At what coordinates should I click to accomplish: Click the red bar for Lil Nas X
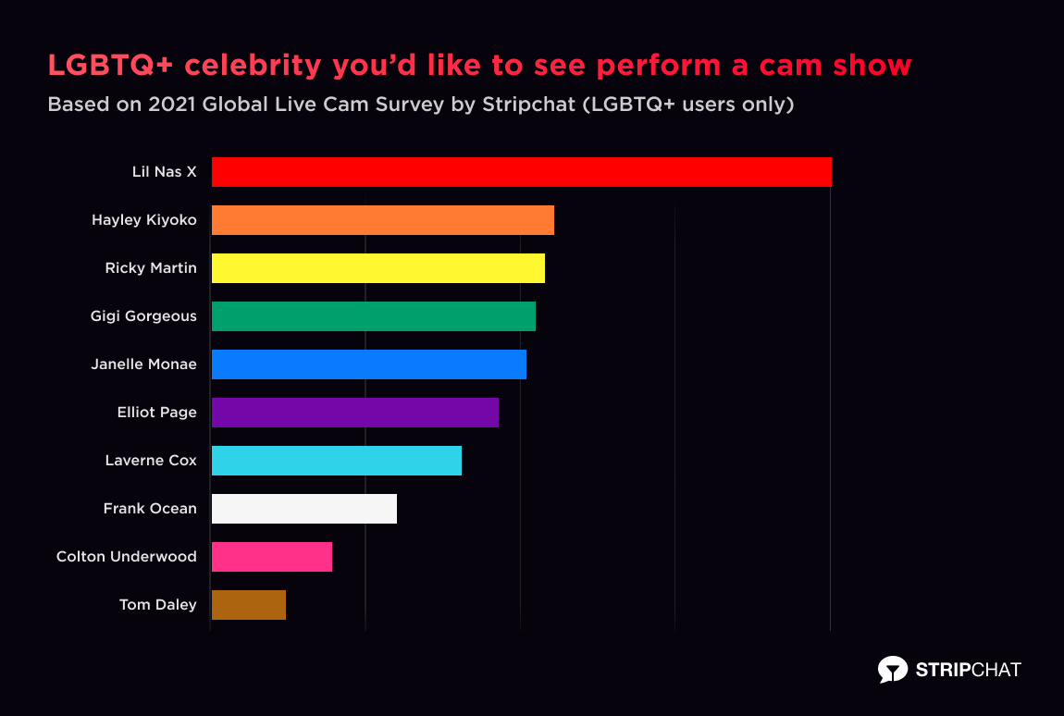coord(522,172)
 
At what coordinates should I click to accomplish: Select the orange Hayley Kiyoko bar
coord(383,220)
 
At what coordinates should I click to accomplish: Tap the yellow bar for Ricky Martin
coord(378,268)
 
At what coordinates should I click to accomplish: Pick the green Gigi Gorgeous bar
coord(374,316)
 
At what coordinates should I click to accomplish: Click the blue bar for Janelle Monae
coord(369,364)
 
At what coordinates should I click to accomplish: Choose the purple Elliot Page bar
coord(355,413)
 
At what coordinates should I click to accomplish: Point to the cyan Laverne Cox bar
coord(337,461)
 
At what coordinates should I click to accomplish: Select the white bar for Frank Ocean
coord(304,509)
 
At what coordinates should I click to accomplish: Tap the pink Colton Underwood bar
coord(272,557)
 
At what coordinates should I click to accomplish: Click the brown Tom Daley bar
coord(249,605)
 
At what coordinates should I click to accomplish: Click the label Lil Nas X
coord(164,172)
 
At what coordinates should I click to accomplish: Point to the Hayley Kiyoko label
coord(143,220)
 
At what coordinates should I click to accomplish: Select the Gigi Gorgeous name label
coord(143,316)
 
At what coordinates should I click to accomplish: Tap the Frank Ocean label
coord(150,509)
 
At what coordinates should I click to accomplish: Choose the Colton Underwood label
coord(126,557)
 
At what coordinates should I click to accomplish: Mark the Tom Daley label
coord(157,605)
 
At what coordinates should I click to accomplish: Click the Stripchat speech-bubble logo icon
coord(892,669)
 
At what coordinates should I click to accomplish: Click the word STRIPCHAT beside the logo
coord(968,669)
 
